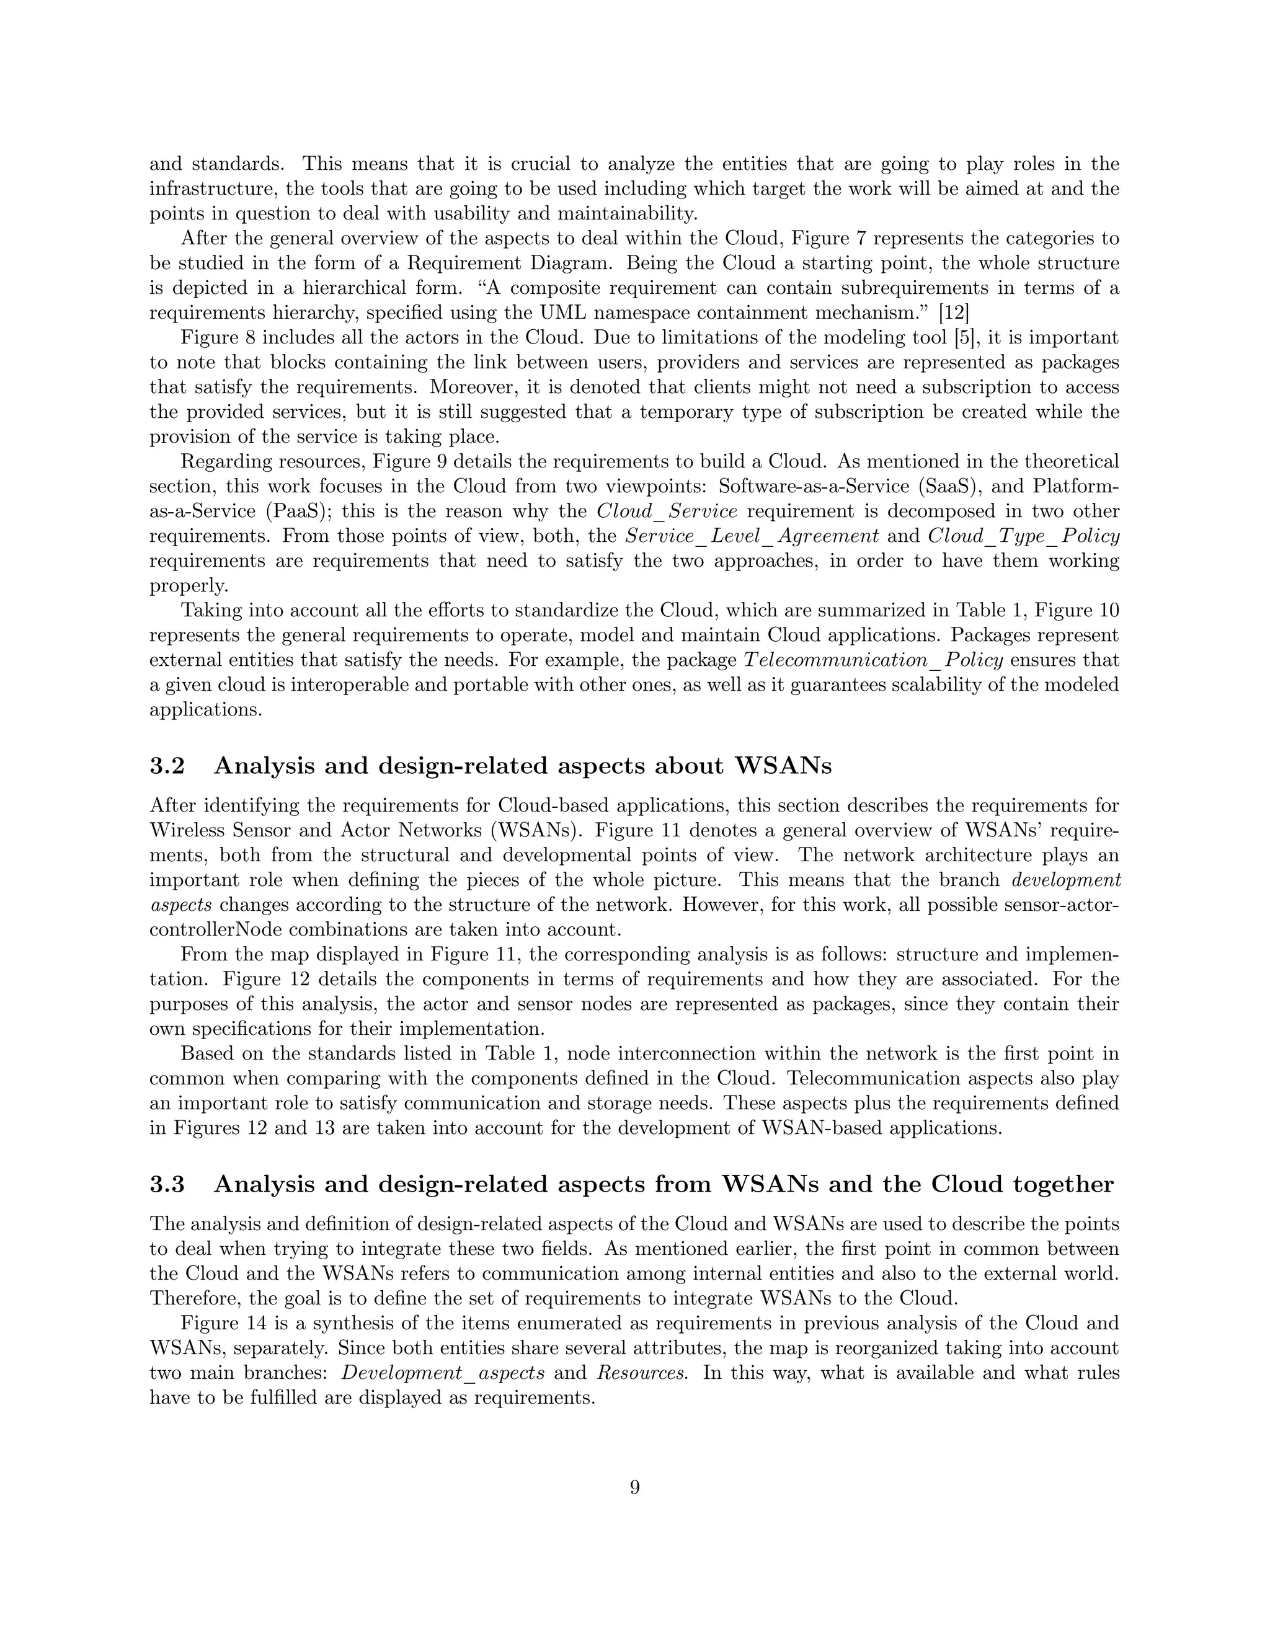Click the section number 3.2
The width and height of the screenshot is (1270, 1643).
(167, 766)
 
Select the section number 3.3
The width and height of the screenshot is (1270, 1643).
(167, 1184)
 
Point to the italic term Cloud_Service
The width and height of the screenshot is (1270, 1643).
(667, 511)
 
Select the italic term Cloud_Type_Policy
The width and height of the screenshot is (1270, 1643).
(1024, 536)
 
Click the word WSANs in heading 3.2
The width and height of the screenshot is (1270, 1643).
(783, 766)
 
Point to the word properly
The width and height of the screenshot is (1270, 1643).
(189, 586)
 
